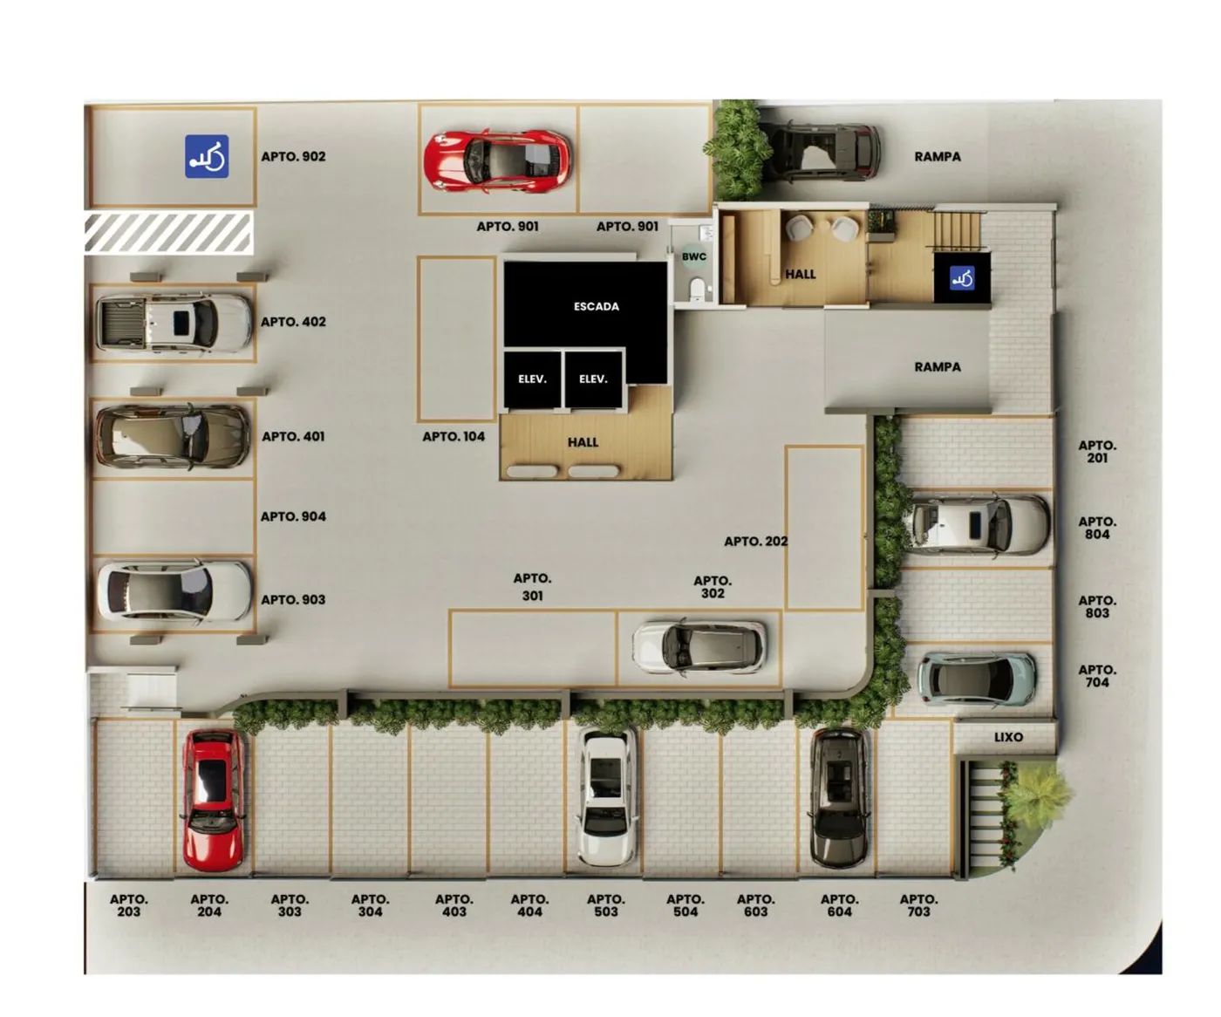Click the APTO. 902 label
pyautogui.click(x=293, y=157)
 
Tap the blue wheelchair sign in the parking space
pyautogui.click(x=207, y=157)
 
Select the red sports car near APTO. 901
pyautogui.click(x=497, y=160)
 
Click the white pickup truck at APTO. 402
pyautogui.click(x=174, y=324)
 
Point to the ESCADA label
pyautogui.click(x=596, y=306)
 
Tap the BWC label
pyautogui.click(x=694, y=256)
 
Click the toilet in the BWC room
pyautogui.click(x=697, y=290)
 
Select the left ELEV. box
pyautogui.click(x=533, y=379)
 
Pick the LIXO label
pyautogui.click(x=1009, y=738)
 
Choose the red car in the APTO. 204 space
pyautogui.click(x=214, y=800)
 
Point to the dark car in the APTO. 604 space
pyautogui.click(x=839, y=798)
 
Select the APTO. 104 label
pyautogui.click(x=454, y=436)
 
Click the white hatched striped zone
pyautogui.click(x=169, y=234)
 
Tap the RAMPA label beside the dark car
pyautogui.click(x=938, y=157)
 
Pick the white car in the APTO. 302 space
pyautogui.click(x=699, y=648)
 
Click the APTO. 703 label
pyautogui.click(x=918, y=905)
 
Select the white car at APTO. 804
pyautogui.click(x=977, y=524)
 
